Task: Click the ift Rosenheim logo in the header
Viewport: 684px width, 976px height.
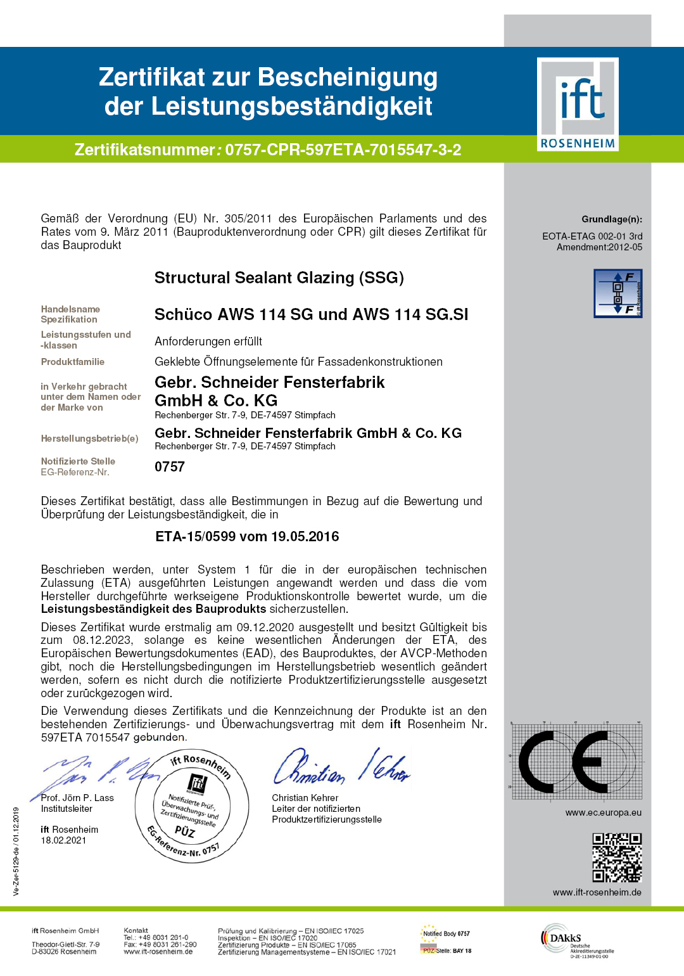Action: [x=578, y=104]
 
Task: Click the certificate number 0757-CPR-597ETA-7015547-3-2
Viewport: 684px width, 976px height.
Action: [x=343, y=150]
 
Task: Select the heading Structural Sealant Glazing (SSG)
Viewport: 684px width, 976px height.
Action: [x=279, y=278]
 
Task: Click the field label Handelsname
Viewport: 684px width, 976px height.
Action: [x=70, y=309]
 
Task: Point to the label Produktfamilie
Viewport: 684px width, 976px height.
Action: [x=73, y=362]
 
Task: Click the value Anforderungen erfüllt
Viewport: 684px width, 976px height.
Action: [x=208, y=342]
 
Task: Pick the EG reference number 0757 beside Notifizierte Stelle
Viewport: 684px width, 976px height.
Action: [x=170, y=467]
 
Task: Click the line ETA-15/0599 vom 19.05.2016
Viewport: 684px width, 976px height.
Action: [x=247, y=537]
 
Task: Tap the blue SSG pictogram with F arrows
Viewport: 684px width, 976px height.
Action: [x=617, y=293]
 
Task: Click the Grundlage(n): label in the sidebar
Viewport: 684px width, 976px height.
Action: [x=611, y=219]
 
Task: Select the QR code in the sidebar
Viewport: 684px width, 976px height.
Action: [x=617, y=857]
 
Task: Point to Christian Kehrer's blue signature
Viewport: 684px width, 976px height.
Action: [x=341, y=768]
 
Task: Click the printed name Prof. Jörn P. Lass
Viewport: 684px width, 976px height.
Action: [x=77, y=798]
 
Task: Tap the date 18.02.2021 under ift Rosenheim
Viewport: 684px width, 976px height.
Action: [x=63, y=840]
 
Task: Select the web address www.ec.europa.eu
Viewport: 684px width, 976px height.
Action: [x=603, y=812]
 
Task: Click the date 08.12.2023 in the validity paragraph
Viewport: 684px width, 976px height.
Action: [x=102, y=640]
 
